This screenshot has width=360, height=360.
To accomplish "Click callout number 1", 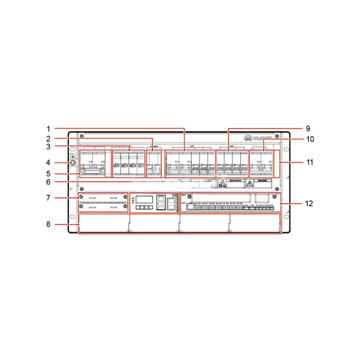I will (48, 128).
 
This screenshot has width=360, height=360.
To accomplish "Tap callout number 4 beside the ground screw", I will (48, 163).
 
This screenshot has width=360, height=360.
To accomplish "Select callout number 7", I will (48, 198).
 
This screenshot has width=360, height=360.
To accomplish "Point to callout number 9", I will (308, 128).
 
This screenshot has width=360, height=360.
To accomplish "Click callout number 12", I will (309, 203).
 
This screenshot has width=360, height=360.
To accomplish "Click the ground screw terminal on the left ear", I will (72, 163).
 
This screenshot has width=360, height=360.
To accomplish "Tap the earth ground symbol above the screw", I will (72, 156).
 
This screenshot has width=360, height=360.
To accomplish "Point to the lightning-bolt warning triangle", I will (249, 183).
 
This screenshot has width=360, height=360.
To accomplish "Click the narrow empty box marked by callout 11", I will (276, 164).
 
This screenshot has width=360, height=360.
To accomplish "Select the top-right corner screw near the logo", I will (275, 136).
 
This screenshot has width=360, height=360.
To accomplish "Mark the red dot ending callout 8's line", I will (79, 225).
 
